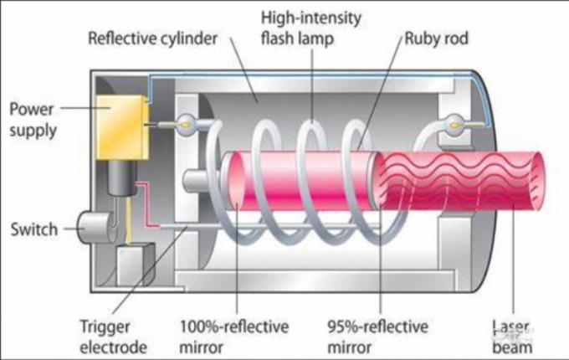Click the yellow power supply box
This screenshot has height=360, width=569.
[122, 127]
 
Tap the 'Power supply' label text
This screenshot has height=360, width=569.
[33, 120]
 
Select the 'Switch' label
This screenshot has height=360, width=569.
[34, 229]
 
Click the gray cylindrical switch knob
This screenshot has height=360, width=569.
[95, 228]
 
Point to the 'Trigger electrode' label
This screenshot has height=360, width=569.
[113, 337]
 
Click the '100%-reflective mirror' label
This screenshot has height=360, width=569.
[234, 337]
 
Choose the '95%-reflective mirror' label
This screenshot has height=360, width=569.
[377, 337]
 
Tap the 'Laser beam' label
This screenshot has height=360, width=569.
[512, 337]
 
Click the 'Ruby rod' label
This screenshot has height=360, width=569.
[436, 39]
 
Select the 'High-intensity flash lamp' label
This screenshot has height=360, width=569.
[311, 28]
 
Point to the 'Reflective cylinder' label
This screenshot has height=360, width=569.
[153, 39]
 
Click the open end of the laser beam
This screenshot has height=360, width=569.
[536, 180]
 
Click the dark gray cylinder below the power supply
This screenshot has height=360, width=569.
[121, 177]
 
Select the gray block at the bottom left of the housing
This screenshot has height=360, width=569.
[135, 265]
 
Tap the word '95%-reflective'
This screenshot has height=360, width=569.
[377, 327]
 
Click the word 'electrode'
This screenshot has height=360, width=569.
[113, 347]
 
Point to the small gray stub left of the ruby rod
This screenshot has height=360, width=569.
[195, 181]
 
